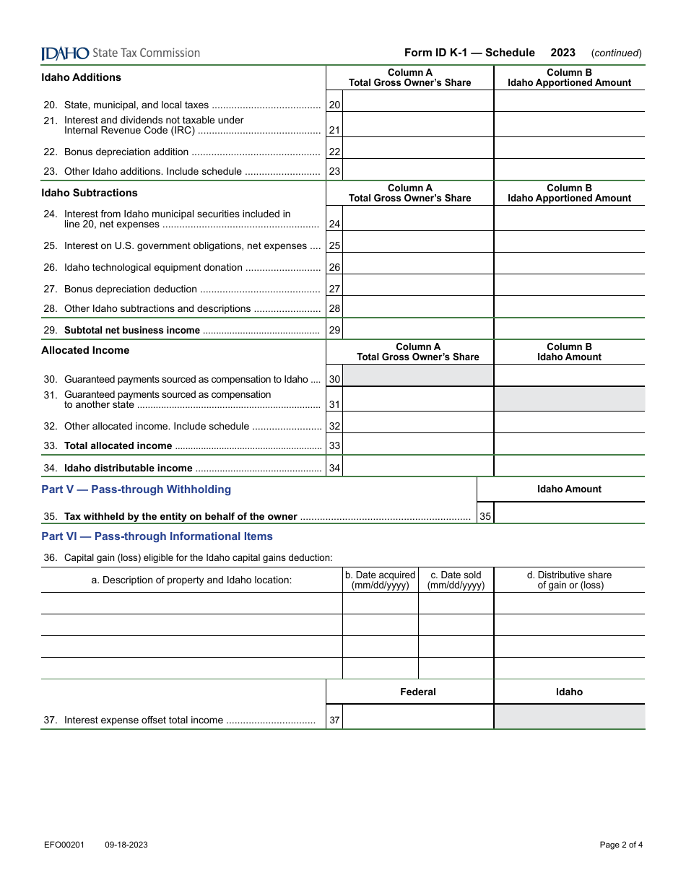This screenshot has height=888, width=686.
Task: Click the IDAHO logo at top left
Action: [65, 53]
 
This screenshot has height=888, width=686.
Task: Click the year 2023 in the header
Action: [563, 53]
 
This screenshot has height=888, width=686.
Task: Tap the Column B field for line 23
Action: [569, 170]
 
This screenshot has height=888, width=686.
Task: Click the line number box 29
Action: [334, 330]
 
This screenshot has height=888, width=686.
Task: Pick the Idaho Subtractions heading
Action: [90, 193]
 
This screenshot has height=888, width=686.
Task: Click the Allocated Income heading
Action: [85, 350]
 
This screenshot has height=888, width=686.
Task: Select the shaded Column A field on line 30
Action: [418, 375]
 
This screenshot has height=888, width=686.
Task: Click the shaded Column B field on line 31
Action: [569, 399]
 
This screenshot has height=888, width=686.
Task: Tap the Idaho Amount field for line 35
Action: [569, 513]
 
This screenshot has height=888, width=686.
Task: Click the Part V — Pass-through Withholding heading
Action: [136, 489]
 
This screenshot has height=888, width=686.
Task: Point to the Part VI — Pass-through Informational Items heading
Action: [157, 536]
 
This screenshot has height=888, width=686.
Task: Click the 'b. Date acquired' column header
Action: [380, 580]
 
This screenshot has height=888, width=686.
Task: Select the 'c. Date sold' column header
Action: [456, 580]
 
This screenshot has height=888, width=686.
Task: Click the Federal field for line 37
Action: [418, 717]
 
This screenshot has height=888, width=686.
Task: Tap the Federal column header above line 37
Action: [418, 692]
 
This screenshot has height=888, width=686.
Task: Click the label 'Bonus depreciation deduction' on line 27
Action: [131, 289]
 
